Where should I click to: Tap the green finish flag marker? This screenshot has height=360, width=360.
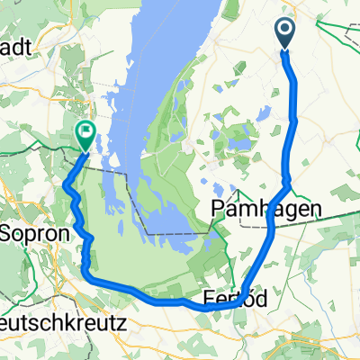pos(84,134)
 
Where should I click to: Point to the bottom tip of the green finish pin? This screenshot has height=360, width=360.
pos(84,150)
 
